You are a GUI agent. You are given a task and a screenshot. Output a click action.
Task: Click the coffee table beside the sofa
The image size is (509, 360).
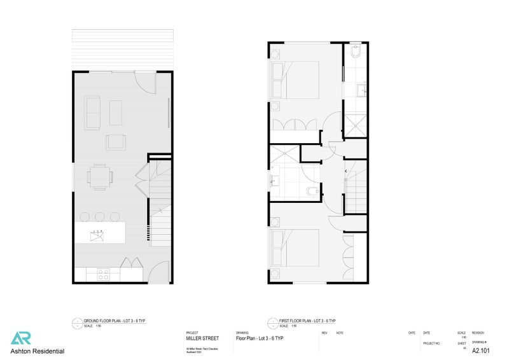coord(116,112)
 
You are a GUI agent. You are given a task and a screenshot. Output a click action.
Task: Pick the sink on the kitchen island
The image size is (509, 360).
coord(97,235)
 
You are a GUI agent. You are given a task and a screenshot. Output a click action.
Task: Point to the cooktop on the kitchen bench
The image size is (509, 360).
coord(103,274)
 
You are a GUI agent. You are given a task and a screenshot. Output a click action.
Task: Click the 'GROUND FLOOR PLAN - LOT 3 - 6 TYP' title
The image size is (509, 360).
coord(115,321)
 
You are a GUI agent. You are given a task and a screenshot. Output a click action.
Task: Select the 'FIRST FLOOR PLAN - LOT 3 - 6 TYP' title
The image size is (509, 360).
coord(307,321)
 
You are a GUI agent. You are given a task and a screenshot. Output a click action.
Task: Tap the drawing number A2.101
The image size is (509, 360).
coord(480,349)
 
